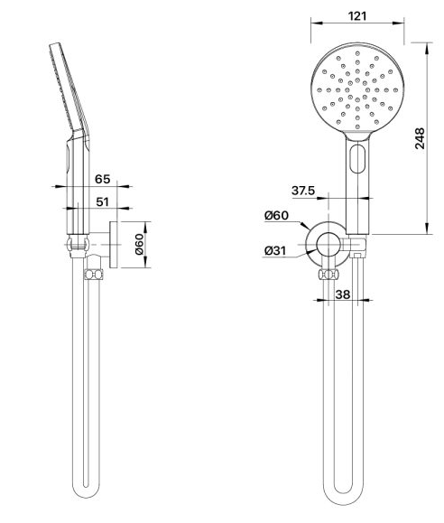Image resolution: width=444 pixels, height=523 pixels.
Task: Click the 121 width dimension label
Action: [357, 16]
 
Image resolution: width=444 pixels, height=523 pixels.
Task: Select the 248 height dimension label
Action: [420, 138]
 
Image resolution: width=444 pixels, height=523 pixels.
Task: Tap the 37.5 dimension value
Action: [303, 191]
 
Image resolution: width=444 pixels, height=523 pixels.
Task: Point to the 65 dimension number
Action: [102, 179]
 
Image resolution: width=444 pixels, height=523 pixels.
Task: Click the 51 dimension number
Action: [102, 201]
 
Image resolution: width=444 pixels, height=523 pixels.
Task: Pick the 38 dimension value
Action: [343, 294]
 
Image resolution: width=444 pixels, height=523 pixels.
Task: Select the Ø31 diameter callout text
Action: [275, 250]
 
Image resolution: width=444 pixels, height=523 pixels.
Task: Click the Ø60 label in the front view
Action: [277, 216]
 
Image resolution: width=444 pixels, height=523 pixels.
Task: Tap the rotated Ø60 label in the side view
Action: [139, 245]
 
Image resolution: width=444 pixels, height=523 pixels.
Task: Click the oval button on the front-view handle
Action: [357, 159]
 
